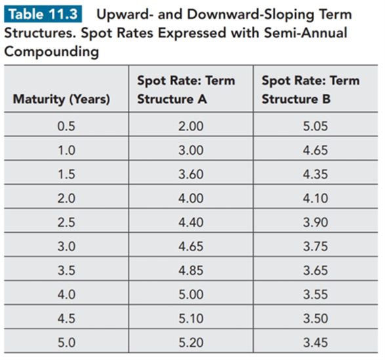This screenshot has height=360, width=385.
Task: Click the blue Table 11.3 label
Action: click(43, 14)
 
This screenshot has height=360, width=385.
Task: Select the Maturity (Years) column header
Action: click(62, 99)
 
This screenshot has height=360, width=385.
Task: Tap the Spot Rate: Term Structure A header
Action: click(186, 90)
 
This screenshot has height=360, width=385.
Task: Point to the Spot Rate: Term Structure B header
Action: click(311, 90)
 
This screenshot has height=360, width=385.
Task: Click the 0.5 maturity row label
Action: click(66, 126)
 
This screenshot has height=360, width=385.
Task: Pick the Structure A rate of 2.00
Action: click(191, 126)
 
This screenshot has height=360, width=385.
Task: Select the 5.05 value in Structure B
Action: click(315, 126)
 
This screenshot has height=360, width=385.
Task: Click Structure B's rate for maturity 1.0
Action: click(315, 150)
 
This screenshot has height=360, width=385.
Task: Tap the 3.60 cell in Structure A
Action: click(191, 174)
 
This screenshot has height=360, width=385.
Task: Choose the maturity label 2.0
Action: click(66, 199)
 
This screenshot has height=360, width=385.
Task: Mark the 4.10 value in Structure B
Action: click(315, 199)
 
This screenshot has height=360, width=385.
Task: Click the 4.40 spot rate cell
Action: click(191, 222)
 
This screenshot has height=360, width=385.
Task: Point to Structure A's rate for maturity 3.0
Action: click(191, 247)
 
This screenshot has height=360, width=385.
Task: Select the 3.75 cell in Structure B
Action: click(315, 247)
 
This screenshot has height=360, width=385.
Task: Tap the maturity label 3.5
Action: click(66, 270)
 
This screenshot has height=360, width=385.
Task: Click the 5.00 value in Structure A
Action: click(191, 294)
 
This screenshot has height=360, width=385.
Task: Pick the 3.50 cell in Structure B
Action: click(315, 319)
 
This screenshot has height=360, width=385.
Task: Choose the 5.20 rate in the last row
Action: click(191, 342)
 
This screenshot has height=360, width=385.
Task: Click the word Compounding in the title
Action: click(52, 52)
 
